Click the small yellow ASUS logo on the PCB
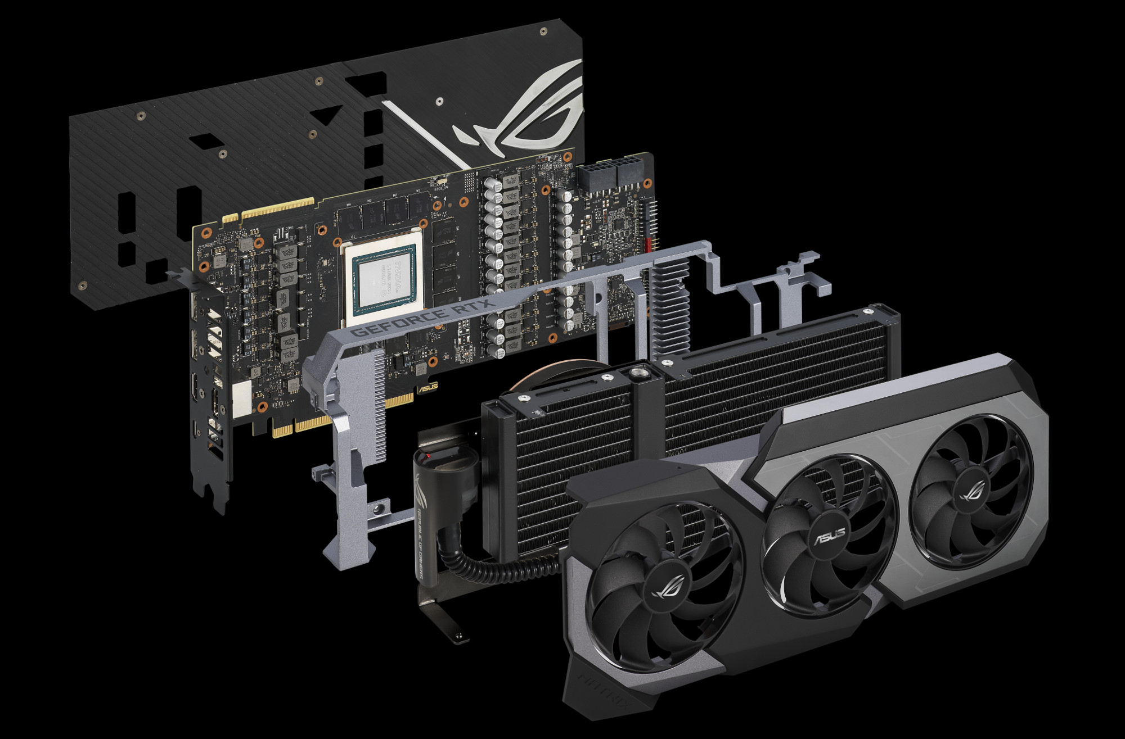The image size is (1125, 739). pyautogui.click(x=426, y=388)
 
